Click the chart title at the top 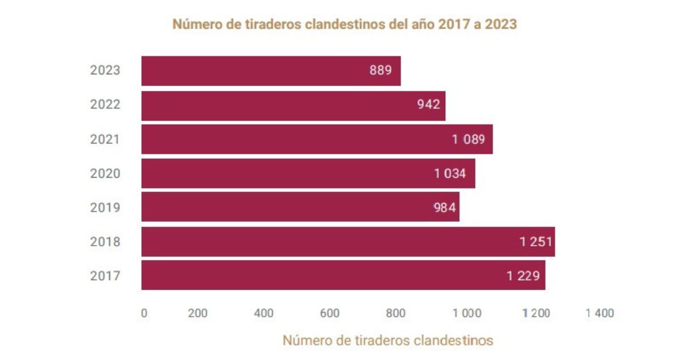click(345, 25)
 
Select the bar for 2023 click(271, 71)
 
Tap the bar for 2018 click(348, 242)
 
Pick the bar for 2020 click(308, 174)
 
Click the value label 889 click(381, 71)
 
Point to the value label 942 click(429, 105)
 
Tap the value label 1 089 click(472, 139)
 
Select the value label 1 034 click(454, 174)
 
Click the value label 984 click(445, 207)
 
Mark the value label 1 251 click(536, 242)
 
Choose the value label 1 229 click(523, 276)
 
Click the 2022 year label click(105, 105)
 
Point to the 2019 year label click(105, 207)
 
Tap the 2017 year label click(105, 276)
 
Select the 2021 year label click(105, 139)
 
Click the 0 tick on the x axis click(144, 313)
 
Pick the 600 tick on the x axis click(330, 313)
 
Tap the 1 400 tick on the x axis click(600, 313)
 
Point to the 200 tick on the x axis click(197, 313)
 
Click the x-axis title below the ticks click(388, 341)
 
